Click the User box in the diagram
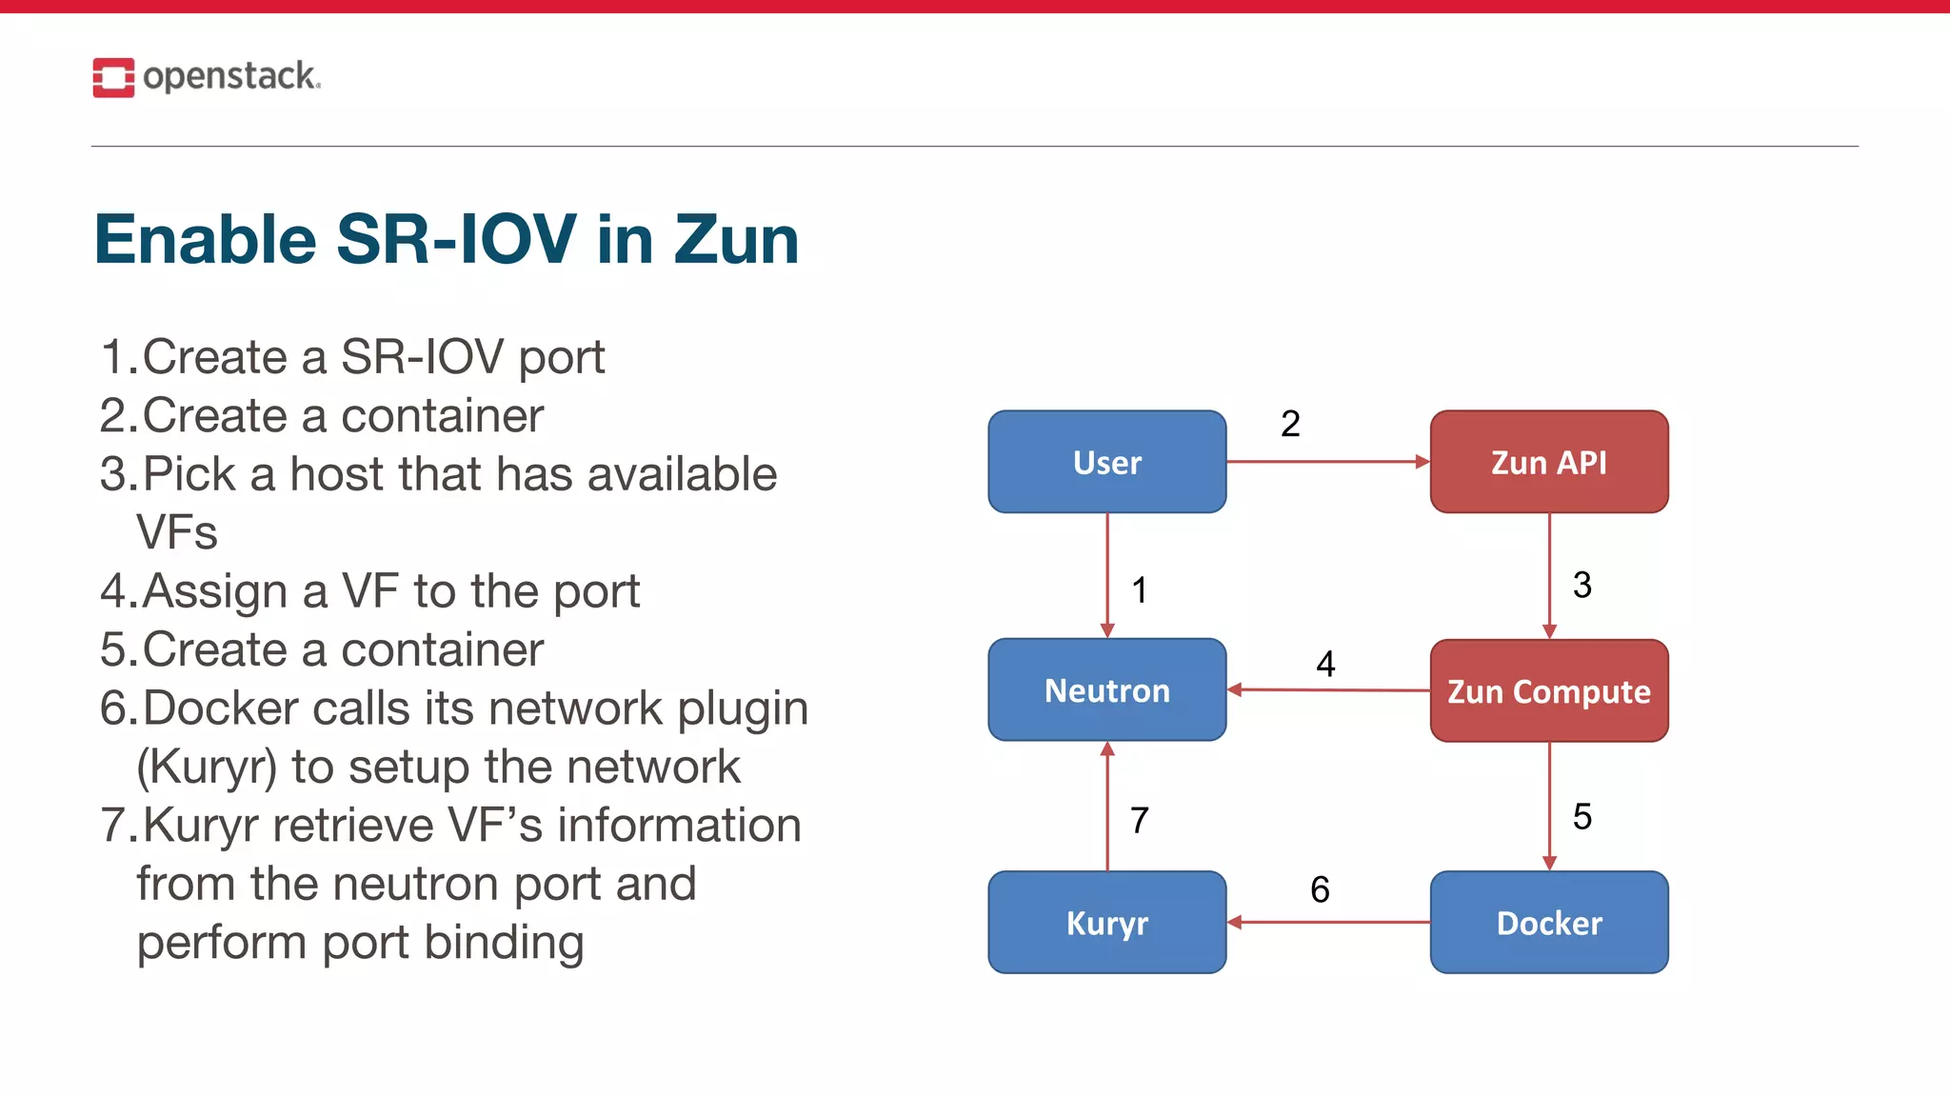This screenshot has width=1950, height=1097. pos(1106,462)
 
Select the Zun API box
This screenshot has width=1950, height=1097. pos(1548,462)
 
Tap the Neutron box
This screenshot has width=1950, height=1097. pos(1106,689)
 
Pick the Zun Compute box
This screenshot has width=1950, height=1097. pos(1548,690)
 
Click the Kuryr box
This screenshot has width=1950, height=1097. pos(1106,922)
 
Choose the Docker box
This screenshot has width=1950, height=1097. pos(1548,922)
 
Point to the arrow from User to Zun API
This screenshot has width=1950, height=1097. pos(1327,462)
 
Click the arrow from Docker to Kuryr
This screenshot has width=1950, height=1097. pos(1327,922)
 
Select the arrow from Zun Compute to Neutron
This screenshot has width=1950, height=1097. pos(1327,689)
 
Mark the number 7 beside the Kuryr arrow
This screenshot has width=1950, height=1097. pos(1140,820)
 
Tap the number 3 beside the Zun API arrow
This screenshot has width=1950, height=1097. pos(1582,585)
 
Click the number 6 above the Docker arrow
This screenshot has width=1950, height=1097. pos(1320,889)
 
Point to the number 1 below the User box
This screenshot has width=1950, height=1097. pos(1140,590)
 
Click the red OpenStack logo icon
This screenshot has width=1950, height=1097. pos(113,77)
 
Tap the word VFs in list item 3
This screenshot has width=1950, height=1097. pos(177,532)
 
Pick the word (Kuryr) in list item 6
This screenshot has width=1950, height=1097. pos(207,768)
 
